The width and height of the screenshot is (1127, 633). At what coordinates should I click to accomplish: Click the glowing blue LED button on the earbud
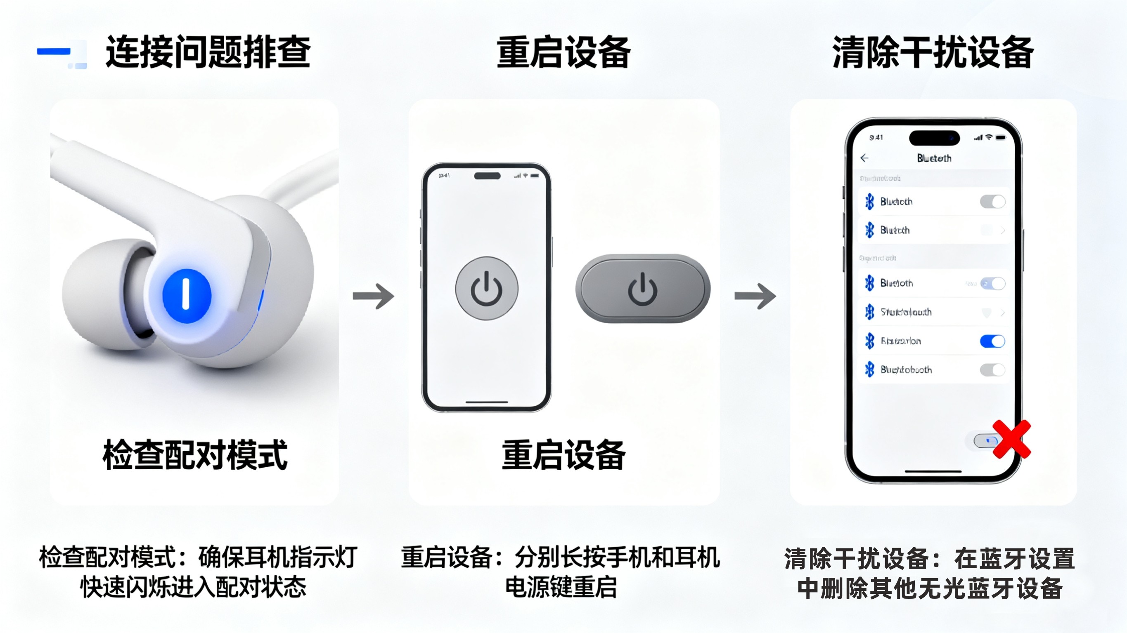(187, 296)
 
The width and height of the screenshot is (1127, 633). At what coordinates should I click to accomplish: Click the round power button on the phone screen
(486, 289)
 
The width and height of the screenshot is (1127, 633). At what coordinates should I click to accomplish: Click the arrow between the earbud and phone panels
(373, 296)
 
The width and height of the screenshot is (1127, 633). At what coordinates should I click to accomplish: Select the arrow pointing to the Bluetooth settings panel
(755, 296)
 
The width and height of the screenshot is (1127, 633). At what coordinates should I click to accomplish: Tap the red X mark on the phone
(1011, 439)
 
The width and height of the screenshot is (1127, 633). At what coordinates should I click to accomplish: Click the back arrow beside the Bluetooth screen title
(864, 158)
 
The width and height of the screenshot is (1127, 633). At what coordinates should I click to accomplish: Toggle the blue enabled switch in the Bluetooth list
(992, 341)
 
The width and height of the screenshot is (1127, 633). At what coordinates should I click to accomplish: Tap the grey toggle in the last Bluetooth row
(992, 370)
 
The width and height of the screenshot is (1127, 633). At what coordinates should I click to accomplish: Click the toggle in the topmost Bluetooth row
(992, 202)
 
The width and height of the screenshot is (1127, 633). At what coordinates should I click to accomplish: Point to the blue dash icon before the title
(54, 52)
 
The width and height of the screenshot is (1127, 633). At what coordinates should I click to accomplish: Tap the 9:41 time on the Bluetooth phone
(876, 138)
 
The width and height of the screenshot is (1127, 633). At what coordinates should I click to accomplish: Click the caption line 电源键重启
(561, 587)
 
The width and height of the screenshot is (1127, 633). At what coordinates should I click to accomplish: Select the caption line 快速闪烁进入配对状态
(193, 587)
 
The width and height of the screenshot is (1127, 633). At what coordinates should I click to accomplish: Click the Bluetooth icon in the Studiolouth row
(870, 312)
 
